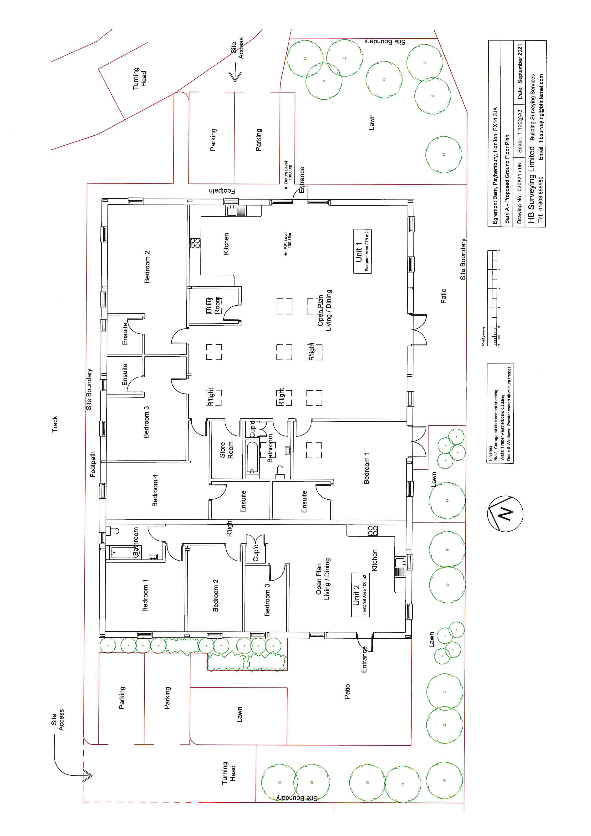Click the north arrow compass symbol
(x=505, y=514)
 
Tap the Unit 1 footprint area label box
(x=362, y=251)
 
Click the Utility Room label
(x=214, y=305)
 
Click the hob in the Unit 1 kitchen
(x=195, y=243)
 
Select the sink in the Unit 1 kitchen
(x=236, y=211)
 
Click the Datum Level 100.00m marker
(x=286, y=188)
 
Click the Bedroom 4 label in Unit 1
(x=155, y=490)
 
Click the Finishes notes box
(x=500, y=413)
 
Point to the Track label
(x=55, y=424)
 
